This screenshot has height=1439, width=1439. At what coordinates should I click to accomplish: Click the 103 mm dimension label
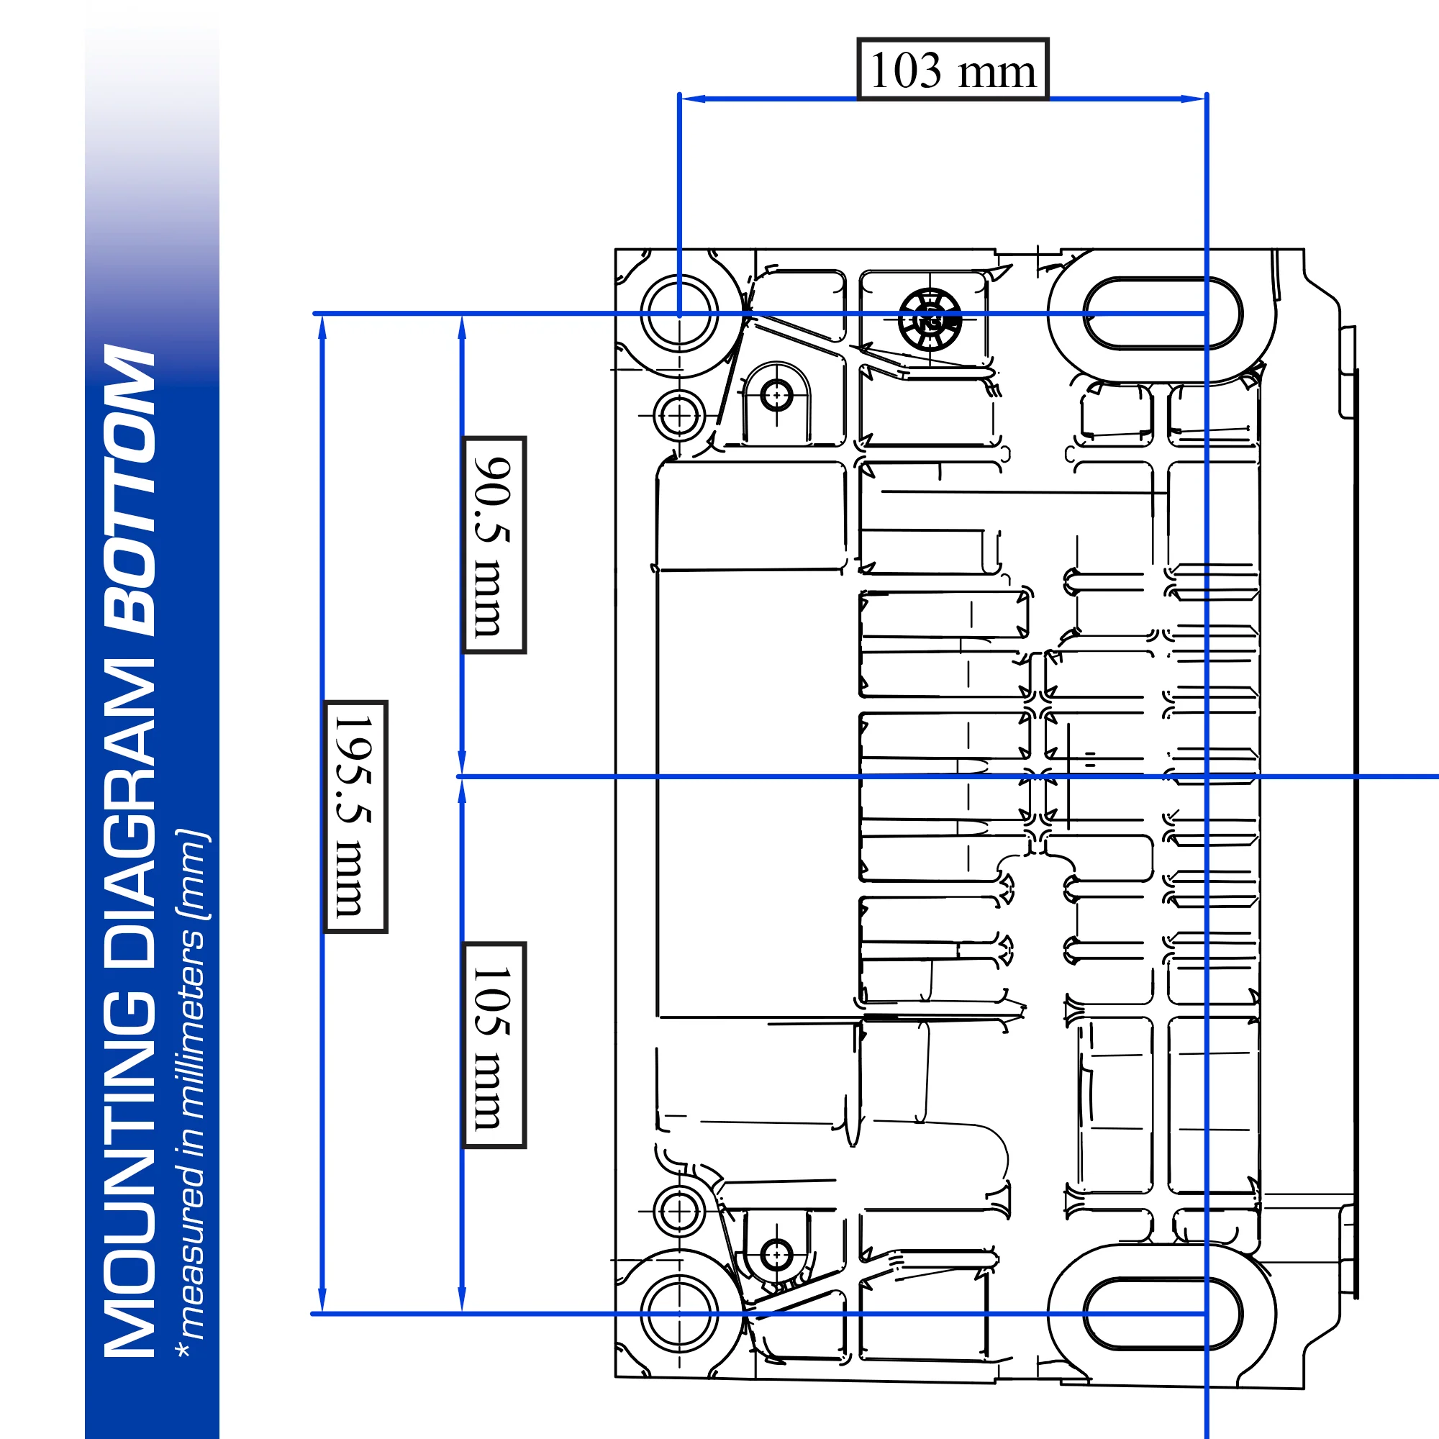point(953,69)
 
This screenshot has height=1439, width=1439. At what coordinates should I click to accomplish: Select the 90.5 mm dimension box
point(494,545)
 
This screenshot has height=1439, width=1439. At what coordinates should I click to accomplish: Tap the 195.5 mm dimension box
point(355,817)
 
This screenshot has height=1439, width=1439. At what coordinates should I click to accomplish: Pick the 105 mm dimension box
point(494,1045)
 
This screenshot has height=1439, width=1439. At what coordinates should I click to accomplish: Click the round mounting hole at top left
point(678,314)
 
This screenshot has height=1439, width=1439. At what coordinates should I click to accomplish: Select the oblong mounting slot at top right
point(1162,314)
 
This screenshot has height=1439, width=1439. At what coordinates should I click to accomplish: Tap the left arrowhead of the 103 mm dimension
point(689,99)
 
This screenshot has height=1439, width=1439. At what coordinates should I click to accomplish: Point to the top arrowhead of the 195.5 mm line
point(322,324)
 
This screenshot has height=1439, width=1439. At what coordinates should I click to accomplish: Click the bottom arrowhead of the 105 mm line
point(462,1304)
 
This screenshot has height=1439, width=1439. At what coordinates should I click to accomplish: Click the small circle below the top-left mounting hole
point(678,416)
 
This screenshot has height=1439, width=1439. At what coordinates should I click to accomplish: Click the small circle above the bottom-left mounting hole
point(678,1211)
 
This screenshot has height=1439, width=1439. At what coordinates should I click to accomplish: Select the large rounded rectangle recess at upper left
point(750,515)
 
